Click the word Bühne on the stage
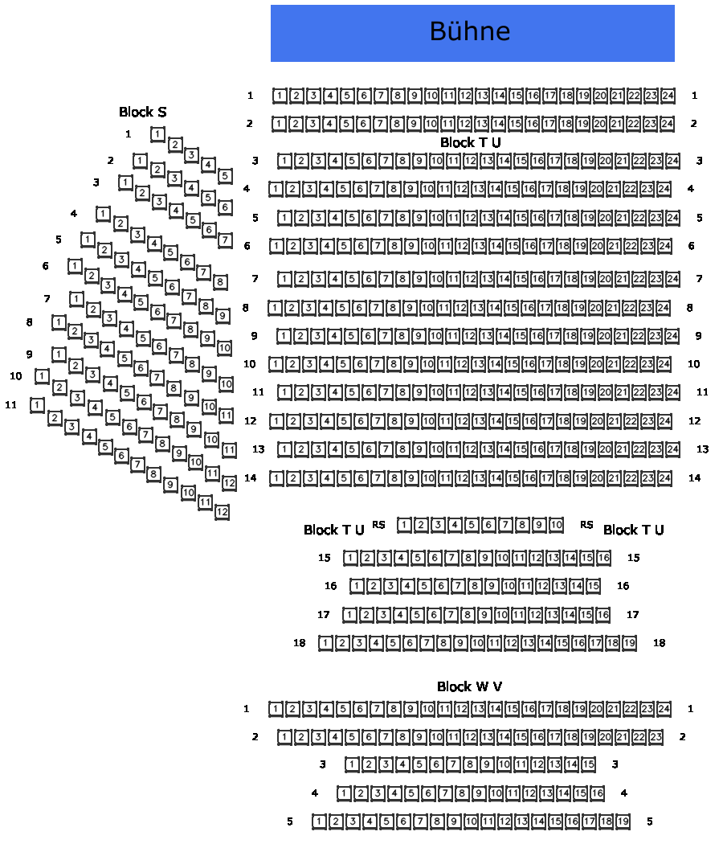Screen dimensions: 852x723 pyautogui.click(x=470, y=31)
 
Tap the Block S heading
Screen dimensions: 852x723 pyautogui.click(x=143, y=112)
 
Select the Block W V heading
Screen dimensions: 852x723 pyautogui.click(x=470, y=686)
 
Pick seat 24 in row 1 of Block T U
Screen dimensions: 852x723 pyautogui.click(x=668, y=96)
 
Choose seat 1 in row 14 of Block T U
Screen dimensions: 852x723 pyautogui.click(x=276, y=478)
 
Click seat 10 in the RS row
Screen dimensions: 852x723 pyautogui.click(x=556, y=526)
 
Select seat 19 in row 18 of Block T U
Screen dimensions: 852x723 pyautogui.click(x=630, y=643)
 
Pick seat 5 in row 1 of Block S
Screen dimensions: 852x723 pyautogui.click(x=226, y=176)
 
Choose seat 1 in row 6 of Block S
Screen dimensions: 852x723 pyautogui.click(x=75, y=266)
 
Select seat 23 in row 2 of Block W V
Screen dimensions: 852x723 pyautogui.click(x=656, y=737)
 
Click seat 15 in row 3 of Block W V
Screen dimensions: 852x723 pyautogui.click(x=589, y=764)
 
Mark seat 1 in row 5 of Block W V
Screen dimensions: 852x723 pyautogui.click(x=319, y=821)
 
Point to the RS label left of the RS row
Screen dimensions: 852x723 pyautogui.click(x=378, y=525)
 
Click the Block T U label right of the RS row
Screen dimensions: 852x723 pyautogui.click(x=633, y=530)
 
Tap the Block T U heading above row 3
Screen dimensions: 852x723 pyautogui.click(x=470, y=142)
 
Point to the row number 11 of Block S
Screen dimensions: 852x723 pyautogui.click(x=10, y=404)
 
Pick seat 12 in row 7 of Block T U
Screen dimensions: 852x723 pyautogui.click(x=470, y=279)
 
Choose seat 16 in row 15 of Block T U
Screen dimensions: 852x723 pyautogui.click(x=603, y=558)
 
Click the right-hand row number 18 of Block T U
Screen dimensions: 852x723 pyautogui.click(x=660, y=643)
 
